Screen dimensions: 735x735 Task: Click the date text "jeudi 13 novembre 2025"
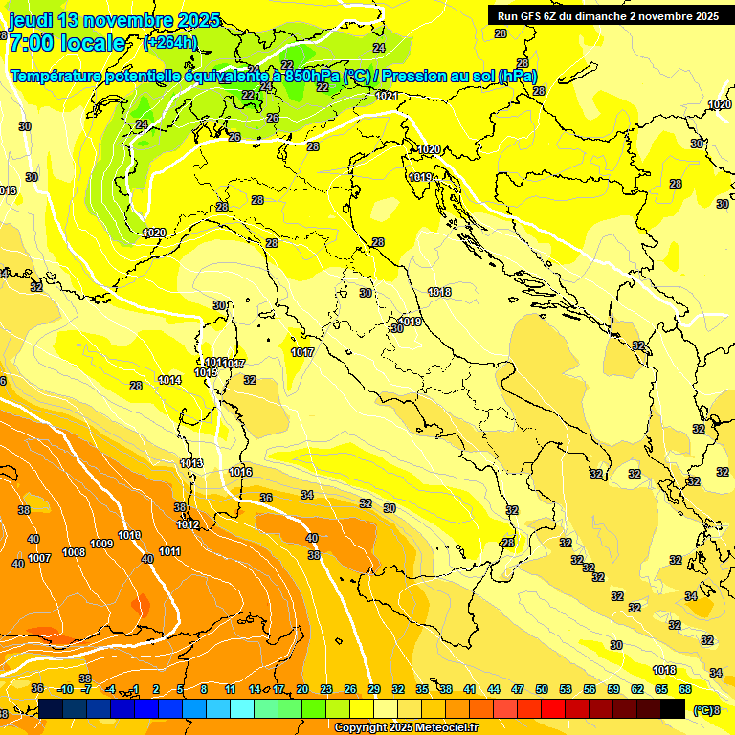pyautogui.click(x=114, y=20)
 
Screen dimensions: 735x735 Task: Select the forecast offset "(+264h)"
pyautogui.click(x=170, y=42)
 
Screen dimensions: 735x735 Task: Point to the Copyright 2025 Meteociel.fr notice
pyautogui.click(x=406, y=727)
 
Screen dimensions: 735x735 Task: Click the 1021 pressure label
pyautogui.click(x=387, y=96)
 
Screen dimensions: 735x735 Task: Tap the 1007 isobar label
pyautogui.click(x=39, y=558)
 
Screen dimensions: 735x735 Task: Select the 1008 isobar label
pyautogui.click(x=74, y=552)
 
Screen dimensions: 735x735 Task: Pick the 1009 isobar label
pyautogui.click(x=101, y=545)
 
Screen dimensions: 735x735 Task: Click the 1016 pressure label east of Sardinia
pyautogui.click(x=241, y=472)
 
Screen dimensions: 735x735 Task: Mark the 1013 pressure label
pyautogui.click(x=191, y=463)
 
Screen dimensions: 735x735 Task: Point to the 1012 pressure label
pyautogui.click(x=189, y=524)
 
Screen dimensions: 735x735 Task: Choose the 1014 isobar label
pyautogui.click(x=170, y=380)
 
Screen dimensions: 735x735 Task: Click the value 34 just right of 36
pyautogui.click(x=307, y=495)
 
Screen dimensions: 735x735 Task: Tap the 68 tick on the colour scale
pyautogui.click(x=685, y=689)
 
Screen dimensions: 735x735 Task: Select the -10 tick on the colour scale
pyautogui.click(x=65, y=689)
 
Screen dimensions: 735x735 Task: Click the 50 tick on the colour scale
pyautogui.click(x=542, y=689)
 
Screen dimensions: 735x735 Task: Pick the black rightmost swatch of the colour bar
pyautogui.click(x=674, y=708)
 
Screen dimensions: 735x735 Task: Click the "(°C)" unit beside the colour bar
pyautogui.click(x=703, y=709)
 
